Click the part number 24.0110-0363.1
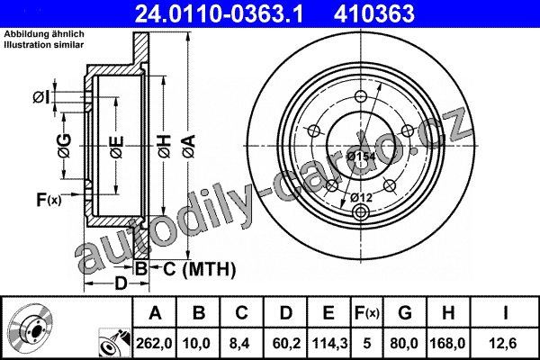pyautogui.click(x=219, y=13)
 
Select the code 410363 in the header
pyautogui.click(x=374, y=13)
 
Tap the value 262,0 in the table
pyautogui.click(x=154, y=343)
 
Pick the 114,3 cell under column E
pyautogui.click(x=329, y=343)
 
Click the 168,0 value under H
pyautogui.click(x=447, y=343)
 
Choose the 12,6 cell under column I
pyautogui.click(x=505, y=343)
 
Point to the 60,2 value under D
pyautogui.click(x=286, y=343)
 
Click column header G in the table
pyautogui.click(x=405, y=313)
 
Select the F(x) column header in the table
pyautogui.click(x=367, y=313)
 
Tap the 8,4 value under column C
pyautogui.click(x=242, y=343)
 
